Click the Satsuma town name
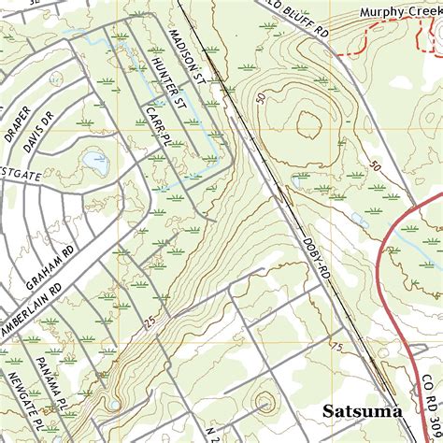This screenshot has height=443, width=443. click(x=362, y=410)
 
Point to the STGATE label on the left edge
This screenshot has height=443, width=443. click(x=20, y=173)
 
